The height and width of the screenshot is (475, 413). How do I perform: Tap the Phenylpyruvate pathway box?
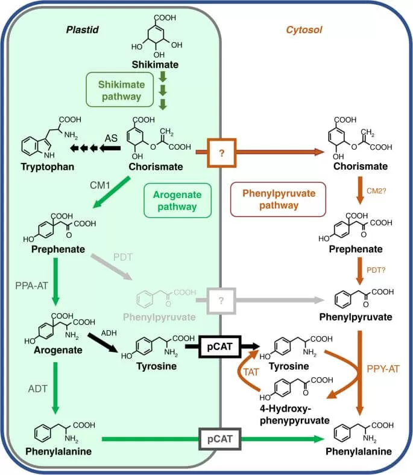click(279, 199)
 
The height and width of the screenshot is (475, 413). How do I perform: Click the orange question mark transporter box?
click(221, 154)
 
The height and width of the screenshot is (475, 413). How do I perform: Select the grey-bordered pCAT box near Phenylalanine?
click(221, 435)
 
